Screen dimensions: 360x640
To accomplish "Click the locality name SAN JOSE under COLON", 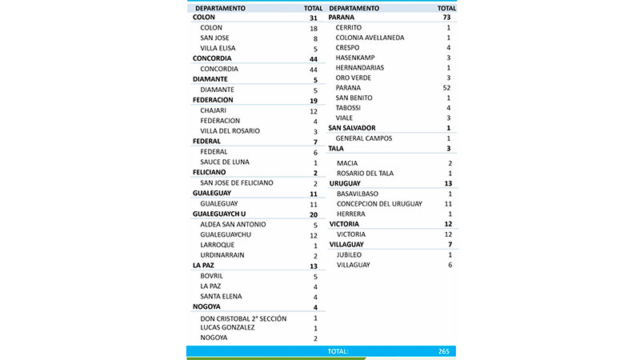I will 214,38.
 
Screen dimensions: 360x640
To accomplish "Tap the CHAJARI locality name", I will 214,111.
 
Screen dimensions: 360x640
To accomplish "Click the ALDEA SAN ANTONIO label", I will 233,225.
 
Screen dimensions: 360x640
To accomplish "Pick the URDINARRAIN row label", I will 222,255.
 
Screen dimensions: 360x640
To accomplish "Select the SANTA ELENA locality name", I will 220,297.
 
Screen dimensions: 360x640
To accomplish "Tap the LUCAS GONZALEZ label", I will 228,327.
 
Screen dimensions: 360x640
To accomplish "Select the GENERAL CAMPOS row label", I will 364,138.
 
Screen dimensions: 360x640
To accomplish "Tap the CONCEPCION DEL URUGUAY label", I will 379,204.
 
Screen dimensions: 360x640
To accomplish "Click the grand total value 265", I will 445,351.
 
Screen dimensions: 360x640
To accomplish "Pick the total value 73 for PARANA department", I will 449,18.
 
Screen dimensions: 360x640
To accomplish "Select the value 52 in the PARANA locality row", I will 449,88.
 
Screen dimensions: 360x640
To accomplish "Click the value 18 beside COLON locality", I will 314,28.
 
